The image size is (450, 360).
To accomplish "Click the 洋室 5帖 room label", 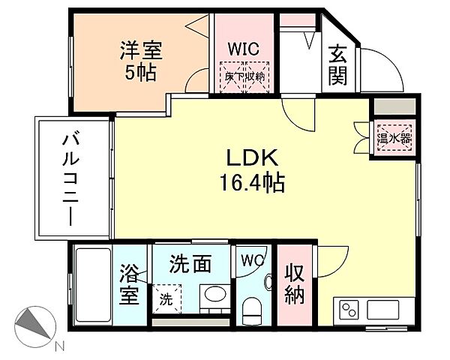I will [x=141, y=62].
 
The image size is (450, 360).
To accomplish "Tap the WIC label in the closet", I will [x=244, y=49].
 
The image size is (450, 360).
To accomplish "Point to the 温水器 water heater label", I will [x=394, y=137].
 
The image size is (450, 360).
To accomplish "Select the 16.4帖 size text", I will [x=253, y=182].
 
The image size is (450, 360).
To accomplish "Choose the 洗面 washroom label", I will [x=190, y=264].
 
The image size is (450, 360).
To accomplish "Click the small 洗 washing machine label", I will [x=164, y=298].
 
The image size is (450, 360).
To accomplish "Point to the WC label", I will [x=253, y=261].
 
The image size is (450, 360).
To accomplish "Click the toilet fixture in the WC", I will [x=253, y=310].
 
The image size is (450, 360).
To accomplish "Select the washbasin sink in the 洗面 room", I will [x=214, y=295].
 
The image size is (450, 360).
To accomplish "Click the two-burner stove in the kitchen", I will [x=350, y=309].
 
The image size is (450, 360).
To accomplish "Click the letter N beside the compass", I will [x=60, y=347].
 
